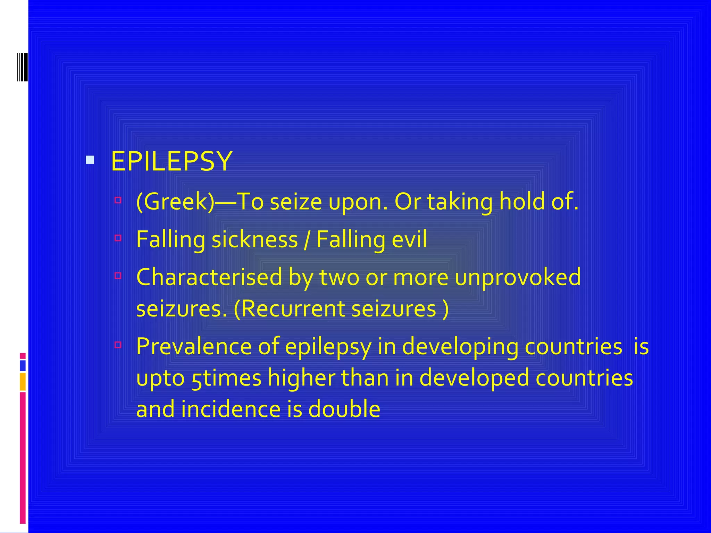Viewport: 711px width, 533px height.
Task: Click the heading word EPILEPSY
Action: [171, 161]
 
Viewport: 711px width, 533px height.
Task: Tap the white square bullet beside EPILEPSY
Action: [90, 160]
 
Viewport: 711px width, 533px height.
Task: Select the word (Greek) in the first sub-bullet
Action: [175, 202]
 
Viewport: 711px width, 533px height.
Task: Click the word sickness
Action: [255, 239]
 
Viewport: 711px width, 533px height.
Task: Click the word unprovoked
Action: [518, 277]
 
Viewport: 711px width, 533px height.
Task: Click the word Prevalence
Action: [193, 346]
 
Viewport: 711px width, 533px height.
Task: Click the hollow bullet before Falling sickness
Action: [118, 238]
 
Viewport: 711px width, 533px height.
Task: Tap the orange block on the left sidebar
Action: [23, 382]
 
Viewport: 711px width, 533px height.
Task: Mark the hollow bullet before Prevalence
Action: [118, 345]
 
